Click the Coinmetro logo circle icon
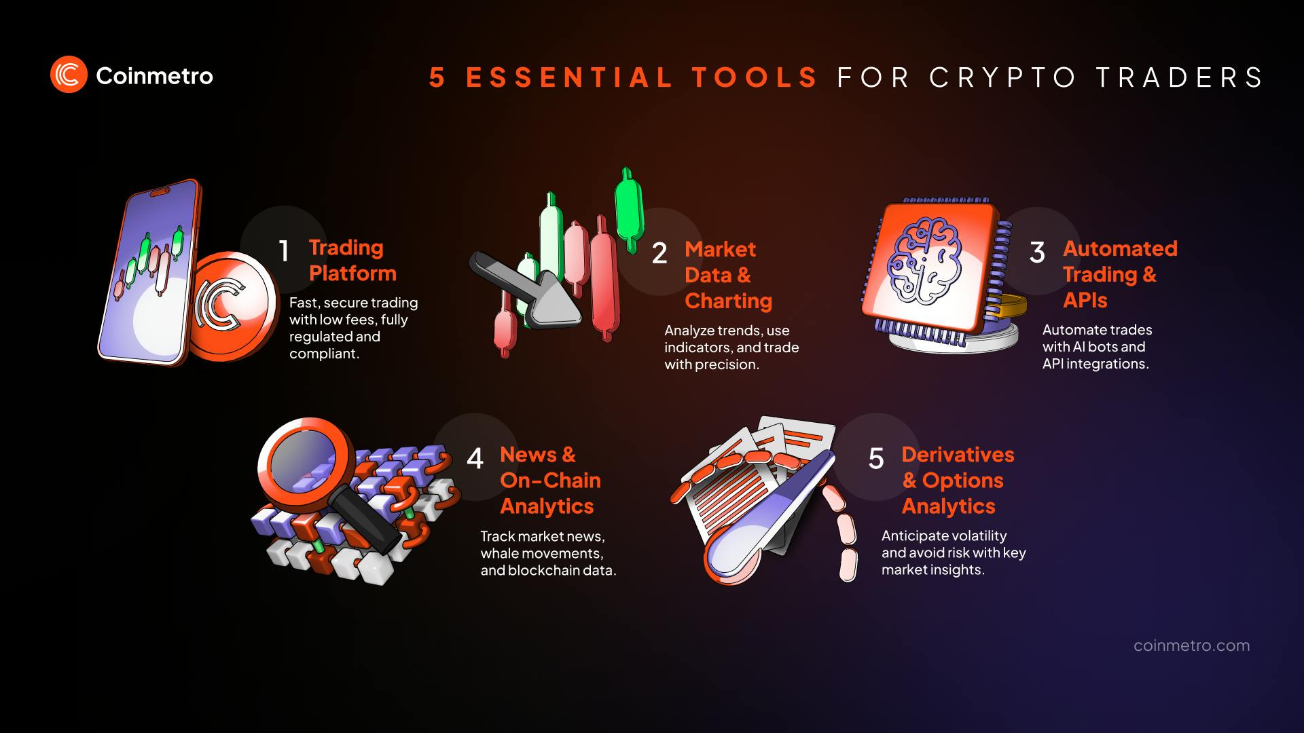(x=69, y=75)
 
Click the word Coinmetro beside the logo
(x=154, y=76)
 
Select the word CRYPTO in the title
(x=1002, y=77)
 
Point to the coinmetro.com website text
(x=1191, y=645)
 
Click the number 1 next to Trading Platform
(x=284, y=251)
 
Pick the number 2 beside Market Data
(x=659, y=253)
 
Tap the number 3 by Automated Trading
(x=1037, y=252)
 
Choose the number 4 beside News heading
(x=475, y=459)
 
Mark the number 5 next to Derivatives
(x=876, y=459)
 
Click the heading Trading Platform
(x=352, y=260)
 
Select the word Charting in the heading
(x=728, y=301)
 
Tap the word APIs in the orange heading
(x=1085, y=300)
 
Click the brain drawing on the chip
(x=927, y=260)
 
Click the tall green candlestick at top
(x=629, y=207)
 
